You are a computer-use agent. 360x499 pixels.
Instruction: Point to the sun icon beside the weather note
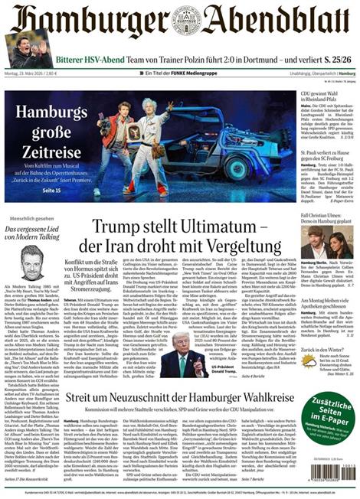click(x=309, y=360)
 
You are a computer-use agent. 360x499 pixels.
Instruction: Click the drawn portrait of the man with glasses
click(x=31, y=265)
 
